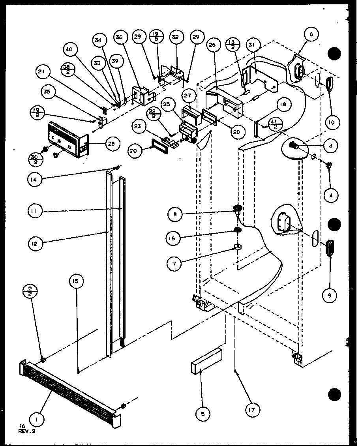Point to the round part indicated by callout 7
[238, 247]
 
